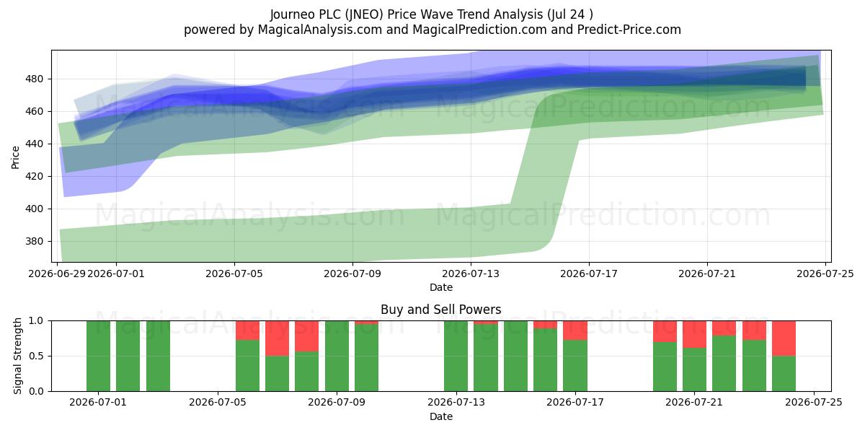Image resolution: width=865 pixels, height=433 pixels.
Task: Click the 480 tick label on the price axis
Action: [35, 79]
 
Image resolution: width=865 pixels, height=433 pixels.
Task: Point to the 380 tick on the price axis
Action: [35, 241]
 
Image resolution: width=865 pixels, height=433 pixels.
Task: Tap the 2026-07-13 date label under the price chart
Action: [470, 274]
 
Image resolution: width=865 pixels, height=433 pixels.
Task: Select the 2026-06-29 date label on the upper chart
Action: [57, 274]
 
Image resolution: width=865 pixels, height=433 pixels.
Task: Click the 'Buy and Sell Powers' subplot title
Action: [441, 310]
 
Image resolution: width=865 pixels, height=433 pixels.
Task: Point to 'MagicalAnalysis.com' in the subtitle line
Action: [320, 30]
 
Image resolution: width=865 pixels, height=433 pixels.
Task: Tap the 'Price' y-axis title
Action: [15, 157]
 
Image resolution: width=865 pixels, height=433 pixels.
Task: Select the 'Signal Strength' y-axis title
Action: [17, 356]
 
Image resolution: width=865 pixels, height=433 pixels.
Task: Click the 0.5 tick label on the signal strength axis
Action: [36, 356]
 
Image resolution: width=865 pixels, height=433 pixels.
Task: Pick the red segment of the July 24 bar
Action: [784, 338]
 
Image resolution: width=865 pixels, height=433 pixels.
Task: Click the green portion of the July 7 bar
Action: [278, 374]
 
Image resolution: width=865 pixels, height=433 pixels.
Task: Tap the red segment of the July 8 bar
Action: [307, 336]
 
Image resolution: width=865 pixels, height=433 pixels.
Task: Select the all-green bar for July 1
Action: [99, 356]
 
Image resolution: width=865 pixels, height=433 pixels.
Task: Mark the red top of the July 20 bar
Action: [665, 331]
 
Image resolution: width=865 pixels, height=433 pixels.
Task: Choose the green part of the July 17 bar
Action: [575, 366]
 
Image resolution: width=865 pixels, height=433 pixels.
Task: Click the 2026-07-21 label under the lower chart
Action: [694, 403]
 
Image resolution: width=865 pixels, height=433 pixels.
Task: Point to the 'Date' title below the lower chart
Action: [441, 416]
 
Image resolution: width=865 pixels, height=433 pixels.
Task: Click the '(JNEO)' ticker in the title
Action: [365, 14]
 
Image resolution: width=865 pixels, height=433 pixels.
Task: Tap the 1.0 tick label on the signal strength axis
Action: [36, 321]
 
